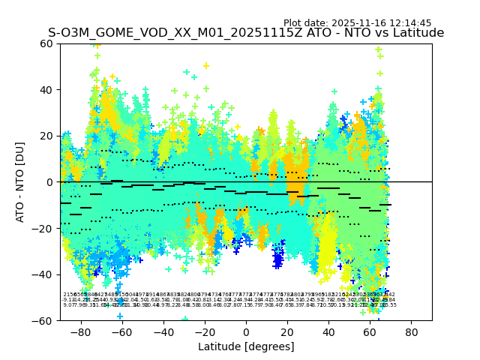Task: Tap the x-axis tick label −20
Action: (x=204, y=331)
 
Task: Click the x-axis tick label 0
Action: (x=246, y=331)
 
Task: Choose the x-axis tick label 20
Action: (x=287, y=331)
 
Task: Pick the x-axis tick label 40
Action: (x=328, y=331)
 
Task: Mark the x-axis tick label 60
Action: (x=370, y=331)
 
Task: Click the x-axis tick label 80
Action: (x=411, y=331)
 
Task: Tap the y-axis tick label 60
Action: (x=47, y=43)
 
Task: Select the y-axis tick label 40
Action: (x=47, y=90)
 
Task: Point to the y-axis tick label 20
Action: (x=47, y=136)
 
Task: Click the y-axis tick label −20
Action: (x=44, y=228)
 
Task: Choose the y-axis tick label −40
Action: (x=44, y=274)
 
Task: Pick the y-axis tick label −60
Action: (x=44, y=320)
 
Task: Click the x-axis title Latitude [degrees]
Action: (x=246, y=346)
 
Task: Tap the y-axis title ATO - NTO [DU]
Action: (x=20, y=182)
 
